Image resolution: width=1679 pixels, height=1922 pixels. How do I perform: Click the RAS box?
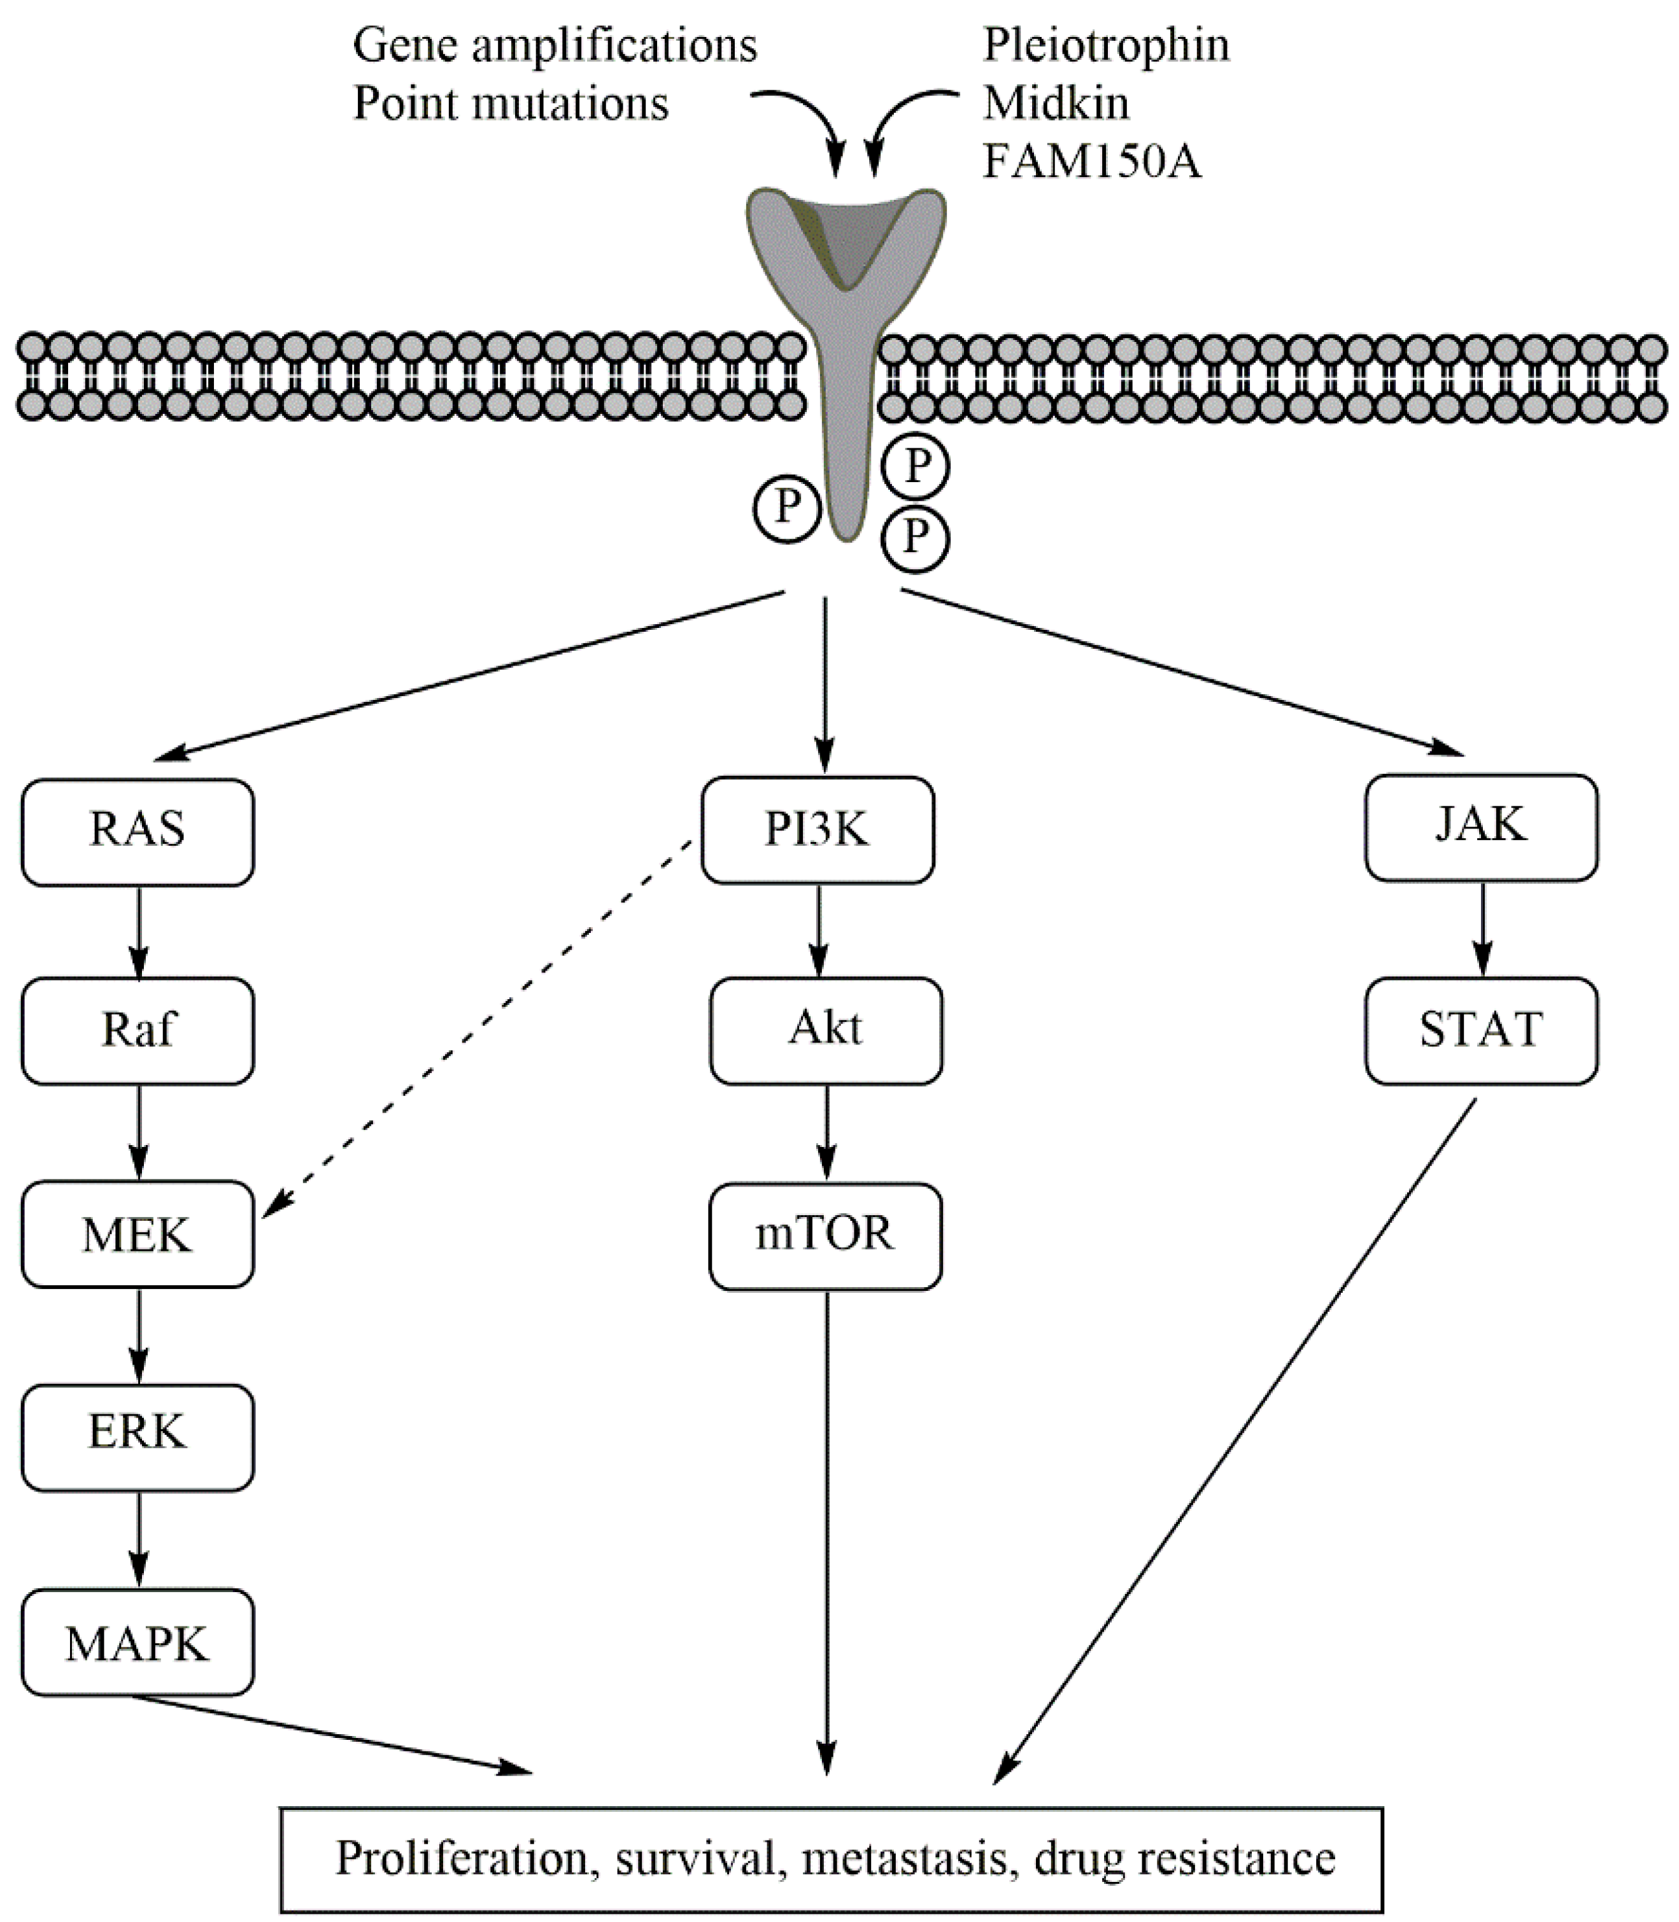[x=138, y=831]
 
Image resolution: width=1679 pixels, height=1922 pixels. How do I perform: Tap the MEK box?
[x=138, y=1234]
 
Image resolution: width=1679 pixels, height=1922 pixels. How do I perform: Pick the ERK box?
[x=138, y=1437]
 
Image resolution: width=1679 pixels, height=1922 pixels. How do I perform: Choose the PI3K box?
[x=817, y=829]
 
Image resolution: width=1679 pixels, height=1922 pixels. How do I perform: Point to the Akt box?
[x=825, y=1030]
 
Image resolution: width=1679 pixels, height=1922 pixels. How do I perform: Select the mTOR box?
[x=825, y=1235]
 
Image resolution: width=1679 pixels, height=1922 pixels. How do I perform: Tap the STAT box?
[x=1480, y=1030]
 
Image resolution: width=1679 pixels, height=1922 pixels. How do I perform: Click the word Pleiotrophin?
[x=1105, y=45]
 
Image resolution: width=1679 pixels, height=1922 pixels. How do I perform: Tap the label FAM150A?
[x=1091, y=161]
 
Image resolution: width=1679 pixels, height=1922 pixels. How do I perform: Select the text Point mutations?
[x=511, y=103]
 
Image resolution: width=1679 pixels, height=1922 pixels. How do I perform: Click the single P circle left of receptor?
[x=786, y=509]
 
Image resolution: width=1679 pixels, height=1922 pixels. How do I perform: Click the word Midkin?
[x=1056, y=103]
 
